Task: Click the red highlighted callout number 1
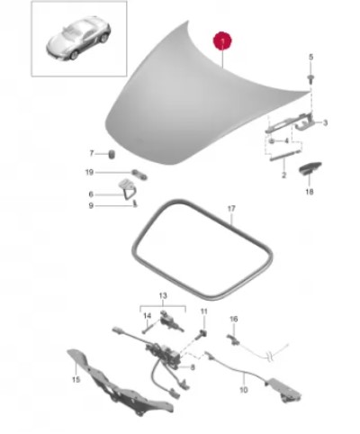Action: click(222, 41)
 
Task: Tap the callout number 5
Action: click(310, 57)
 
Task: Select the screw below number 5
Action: click(310, 78)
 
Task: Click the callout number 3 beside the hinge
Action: click(325, 122)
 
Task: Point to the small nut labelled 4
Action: click(272, 140)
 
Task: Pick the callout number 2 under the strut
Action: click(283, 175)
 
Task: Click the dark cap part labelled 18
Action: click(310, 167)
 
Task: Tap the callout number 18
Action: click(310, 192)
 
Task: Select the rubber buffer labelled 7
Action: click(112, 154)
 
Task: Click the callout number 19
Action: click(89, 172)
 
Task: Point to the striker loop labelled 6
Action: click(128, 188)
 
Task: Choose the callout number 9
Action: click(91, 206)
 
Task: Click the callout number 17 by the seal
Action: click(231, 208)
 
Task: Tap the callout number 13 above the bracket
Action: click(163, 295)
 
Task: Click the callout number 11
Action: click(204, 312)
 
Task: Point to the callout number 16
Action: click(234, 319)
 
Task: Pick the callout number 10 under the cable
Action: click(244, 390)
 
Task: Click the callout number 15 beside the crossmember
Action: click(76, 380)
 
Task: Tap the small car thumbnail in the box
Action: click(78, 38)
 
